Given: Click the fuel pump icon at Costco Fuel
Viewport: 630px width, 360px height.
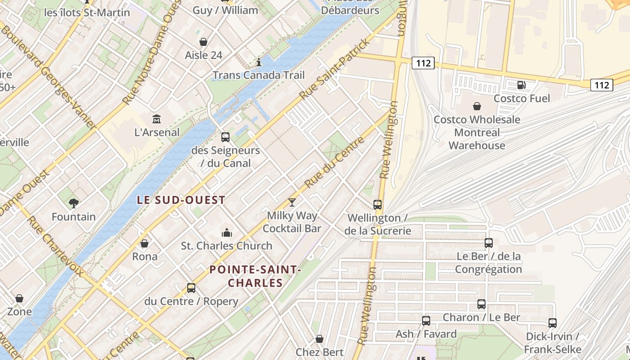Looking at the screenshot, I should click(521, 85).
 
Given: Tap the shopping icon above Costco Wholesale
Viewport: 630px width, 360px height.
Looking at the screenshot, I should click(477, 106).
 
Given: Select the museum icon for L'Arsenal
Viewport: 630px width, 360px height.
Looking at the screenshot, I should click(157, 119).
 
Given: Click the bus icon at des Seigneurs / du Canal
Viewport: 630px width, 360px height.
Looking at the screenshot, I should click(225, 137).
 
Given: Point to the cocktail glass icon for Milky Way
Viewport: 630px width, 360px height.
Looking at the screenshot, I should click(292, 202).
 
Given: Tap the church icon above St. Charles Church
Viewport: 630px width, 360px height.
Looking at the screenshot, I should click(226, 233).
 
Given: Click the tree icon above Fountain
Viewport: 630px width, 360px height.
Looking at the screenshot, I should click(74, 203).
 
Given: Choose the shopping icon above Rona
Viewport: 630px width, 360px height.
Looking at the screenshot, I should click(144, 243).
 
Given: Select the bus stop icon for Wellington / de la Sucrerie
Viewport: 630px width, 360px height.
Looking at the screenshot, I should click(378, 205).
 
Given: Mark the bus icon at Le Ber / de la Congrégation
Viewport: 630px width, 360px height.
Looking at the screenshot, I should click(489, 243).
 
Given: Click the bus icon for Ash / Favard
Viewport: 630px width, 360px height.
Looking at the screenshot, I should click(426, 321).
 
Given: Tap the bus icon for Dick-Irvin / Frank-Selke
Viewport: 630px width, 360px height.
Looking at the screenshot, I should click(553, 323).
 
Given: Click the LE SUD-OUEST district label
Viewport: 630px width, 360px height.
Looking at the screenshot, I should click(181, 200).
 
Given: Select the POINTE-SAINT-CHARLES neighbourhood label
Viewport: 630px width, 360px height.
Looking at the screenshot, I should click(255, 276).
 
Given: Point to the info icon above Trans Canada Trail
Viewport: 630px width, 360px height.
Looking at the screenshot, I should click(258, 62).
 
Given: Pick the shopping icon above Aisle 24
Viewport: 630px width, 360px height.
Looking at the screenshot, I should click(203, 42).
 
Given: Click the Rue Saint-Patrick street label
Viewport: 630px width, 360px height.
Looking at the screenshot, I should click(335, 69).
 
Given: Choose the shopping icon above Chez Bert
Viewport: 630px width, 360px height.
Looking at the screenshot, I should click(319, 339).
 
